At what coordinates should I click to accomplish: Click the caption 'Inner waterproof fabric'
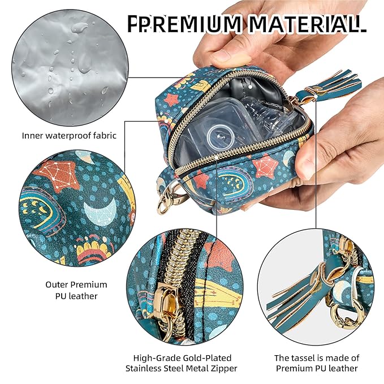[69, 135]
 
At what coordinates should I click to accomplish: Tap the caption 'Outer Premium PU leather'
[76, 290]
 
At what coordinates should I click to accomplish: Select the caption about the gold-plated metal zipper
[182, 363]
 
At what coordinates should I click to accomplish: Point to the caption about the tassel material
[317, 363]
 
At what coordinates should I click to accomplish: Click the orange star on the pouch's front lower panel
[265, 166]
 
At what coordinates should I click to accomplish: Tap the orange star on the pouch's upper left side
[171, 100]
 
